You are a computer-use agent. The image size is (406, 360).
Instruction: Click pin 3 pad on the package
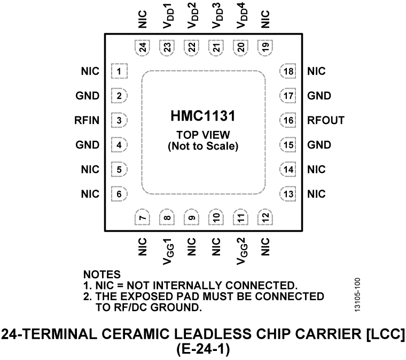click(118, 121)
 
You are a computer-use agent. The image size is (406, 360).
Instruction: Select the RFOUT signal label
click(325, 121)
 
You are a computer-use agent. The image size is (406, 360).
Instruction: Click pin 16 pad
click(288, 121)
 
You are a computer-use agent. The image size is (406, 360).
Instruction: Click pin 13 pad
click(288, 194)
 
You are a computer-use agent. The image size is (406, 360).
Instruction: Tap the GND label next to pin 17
click(318, 96)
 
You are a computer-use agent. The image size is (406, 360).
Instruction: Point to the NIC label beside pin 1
click(90, 71)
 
